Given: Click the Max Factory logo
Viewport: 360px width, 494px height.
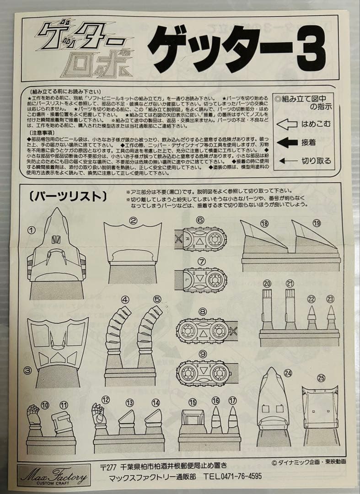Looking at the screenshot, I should pos(54,476).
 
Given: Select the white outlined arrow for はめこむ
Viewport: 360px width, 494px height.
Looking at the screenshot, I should pos(287,124).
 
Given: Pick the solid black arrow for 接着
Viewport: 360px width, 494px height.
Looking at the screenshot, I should pos(287,142).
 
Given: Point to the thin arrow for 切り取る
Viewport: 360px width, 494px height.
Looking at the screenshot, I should pos(287,161).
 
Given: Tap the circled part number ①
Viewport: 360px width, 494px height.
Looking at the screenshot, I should pos(31,230).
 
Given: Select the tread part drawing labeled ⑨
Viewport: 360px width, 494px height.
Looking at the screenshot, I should pos(203,373).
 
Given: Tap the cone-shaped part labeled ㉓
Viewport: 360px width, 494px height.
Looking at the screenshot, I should pos(331,317).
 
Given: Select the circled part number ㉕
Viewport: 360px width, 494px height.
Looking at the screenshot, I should pos(321,378).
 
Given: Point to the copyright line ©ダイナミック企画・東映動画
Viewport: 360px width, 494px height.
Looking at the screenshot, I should pos(308,462).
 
